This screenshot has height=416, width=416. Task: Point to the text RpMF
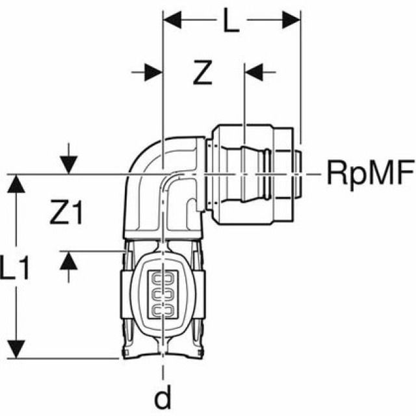click(369, 174)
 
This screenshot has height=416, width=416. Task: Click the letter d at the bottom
click(162, 397)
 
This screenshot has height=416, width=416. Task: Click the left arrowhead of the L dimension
click(170, 20)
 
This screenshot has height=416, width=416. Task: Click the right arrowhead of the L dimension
click(293, 20)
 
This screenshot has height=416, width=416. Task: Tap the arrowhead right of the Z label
click(252, 71)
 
